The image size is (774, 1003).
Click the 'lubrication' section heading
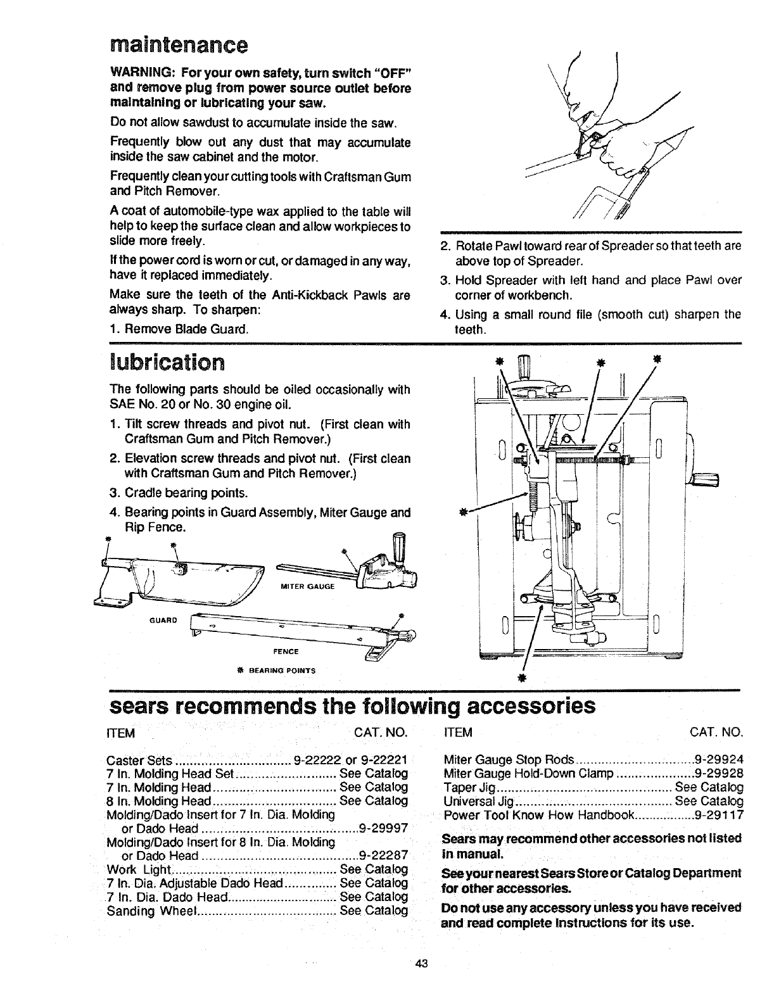(167, 362)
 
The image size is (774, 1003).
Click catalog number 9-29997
(383, 828)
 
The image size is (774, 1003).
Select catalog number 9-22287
(383, 855)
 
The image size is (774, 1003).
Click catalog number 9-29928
(719, 773)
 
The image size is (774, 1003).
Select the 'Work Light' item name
(139, 869)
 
